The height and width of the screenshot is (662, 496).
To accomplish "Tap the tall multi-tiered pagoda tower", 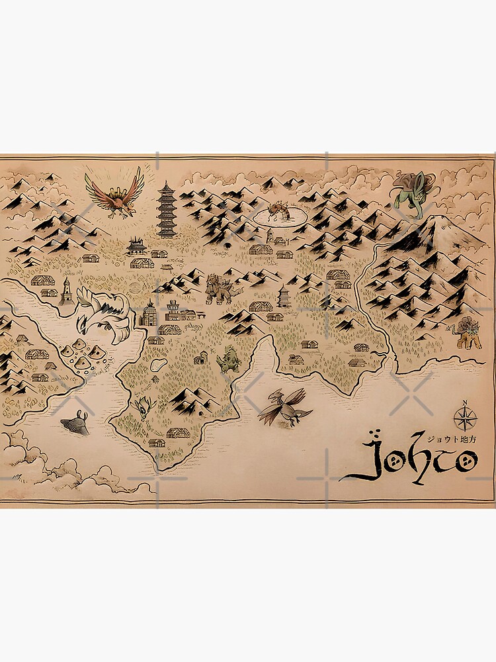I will click(x=166, y=211).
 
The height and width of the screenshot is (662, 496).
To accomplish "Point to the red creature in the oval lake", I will click(x=276, y=212).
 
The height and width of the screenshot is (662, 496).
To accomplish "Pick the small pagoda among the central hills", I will click(x=284, y=296).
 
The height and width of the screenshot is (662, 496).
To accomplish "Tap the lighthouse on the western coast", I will click(x=66, y=291).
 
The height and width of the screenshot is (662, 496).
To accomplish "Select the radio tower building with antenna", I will click(x=173, y=310).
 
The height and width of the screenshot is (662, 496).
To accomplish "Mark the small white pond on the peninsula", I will click(x=159, y=365).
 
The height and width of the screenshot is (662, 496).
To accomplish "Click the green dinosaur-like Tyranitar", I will click(x=227, y=358).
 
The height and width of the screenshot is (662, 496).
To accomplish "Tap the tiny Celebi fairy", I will click(x=145, y=406).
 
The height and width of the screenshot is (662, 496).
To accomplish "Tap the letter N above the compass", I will click(x=464, y=402).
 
